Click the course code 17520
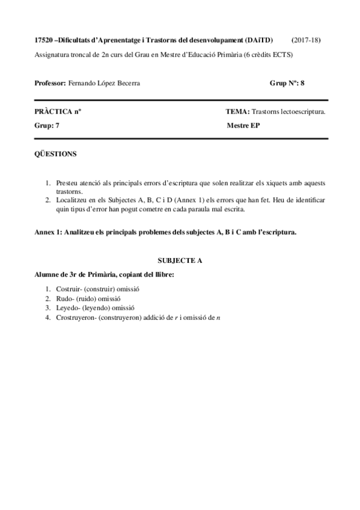point(44,40)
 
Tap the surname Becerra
point(129,84)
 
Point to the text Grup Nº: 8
point(287,84)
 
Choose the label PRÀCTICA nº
point(58,112)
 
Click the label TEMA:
point(237,112)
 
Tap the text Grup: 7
point(48,126)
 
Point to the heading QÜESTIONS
point(56,154)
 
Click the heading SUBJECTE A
point(180,262)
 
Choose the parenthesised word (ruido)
point(85,298)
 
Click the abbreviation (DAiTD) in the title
point(259,40)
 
